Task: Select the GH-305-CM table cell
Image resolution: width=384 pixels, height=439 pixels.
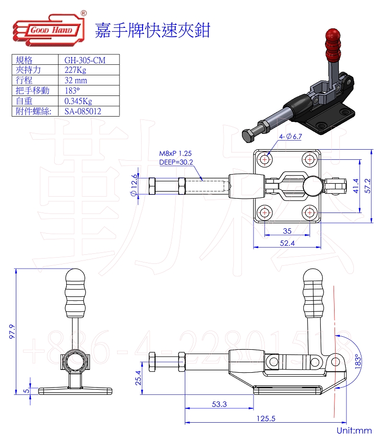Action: [84, 60]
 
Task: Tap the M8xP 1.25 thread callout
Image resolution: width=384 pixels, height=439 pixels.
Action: [175, 154]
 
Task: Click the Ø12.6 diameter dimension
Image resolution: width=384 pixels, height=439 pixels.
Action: [134, 185]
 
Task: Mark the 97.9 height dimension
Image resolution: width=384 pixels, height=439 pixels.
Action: [12, 332]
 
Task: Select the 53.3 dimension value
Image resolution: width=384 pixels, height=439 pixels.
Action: [219, 404]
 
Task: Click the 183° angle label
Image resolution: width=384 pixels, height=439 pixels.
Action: [357, 360]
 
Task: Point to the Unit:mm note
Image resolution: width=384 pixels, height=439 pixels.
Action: [354, 430]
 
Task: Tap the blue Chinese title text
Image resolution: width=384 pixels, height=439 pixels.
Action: [153, 30]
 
